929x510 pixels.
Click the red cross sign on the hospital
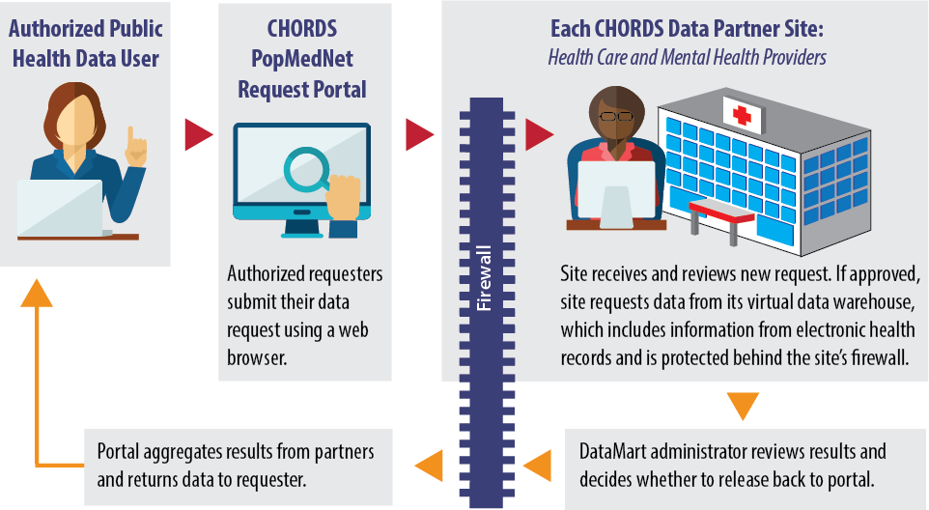coord(742,115)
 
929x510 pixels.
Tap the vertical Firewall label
coord(485,278)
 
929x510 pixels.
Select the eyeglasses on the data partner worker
coord(616,116)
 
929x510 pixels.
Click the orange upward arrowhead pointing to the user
coord(37,293)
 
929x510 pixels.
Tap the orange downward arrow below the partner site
coord(743,407)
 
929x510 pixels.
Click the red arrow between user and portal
coord(199,134)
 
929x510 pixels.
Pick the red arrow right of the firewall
coord(539,134)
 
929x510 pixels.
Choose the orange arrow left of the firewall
coord(429,465)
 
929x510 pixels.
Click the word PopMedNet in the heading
coord(301,59)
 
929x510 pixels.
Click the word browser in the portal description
coord(257,357)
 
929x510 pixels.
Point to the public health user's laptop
coord(62,208)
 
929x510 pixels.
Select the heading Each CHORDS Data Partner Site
coord(687,28)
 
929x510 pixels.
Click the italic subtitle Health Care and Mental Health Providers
coord(687,57)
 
